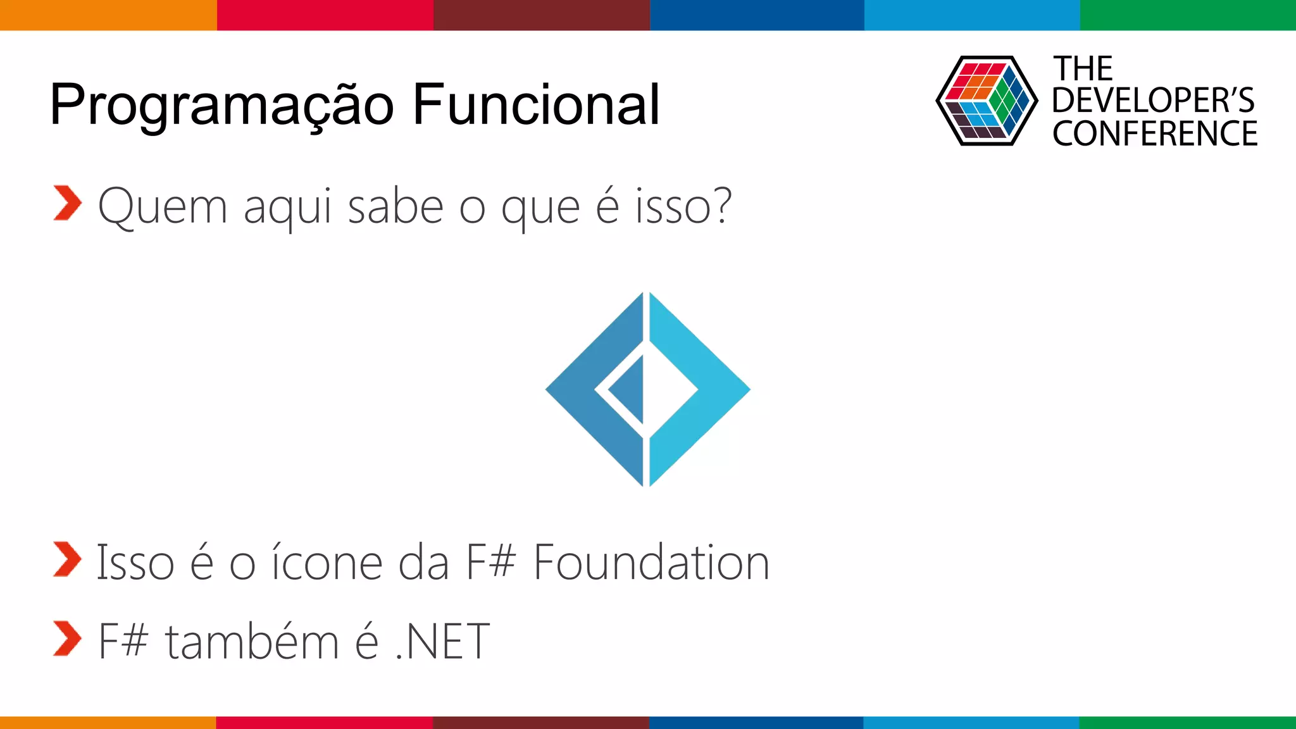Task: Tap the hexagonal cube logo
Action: pyautogui.click(x=986, y=101)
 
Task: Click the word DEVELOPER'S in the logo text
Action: pyautogui.click(x=1153, y=100)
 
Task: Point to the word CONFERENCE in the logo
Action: pyautogui.click(x=1155, y=134)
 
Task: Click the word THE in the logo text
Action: pyautogui.click(x=1083, y=68)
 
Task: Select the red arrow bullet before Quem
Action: pyautogui.click(x=67, y=203)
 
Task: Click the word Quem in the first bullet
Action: pyautogui.click(x=163, y=206)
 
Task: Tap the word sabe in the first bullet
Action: pyautogui.click(x=396, y=206)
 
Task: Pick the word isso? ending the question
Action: pyautogui.click(x=683, y=206)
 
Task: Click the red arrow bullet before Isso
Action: pyautogui.click(x=67, y=560)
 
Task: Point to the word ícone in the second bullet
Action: pyautogui.click(x=327, y=563)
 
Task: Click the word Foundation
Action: pyautogui.click(x=651, y=563)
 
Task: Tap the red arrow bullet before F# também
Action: pyautogui.click(x=67, y=639)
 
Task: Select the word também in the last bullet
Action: pyautogui.click(x=252, y=642)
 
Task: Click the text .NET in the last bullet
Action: pyautogui.click(x=442, y=642)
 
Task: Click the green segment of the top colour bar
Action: pyautogui.click(x=1188, y=15)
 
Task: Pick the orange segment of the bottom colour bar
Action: pyautogui.click(x=108, y=722)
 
